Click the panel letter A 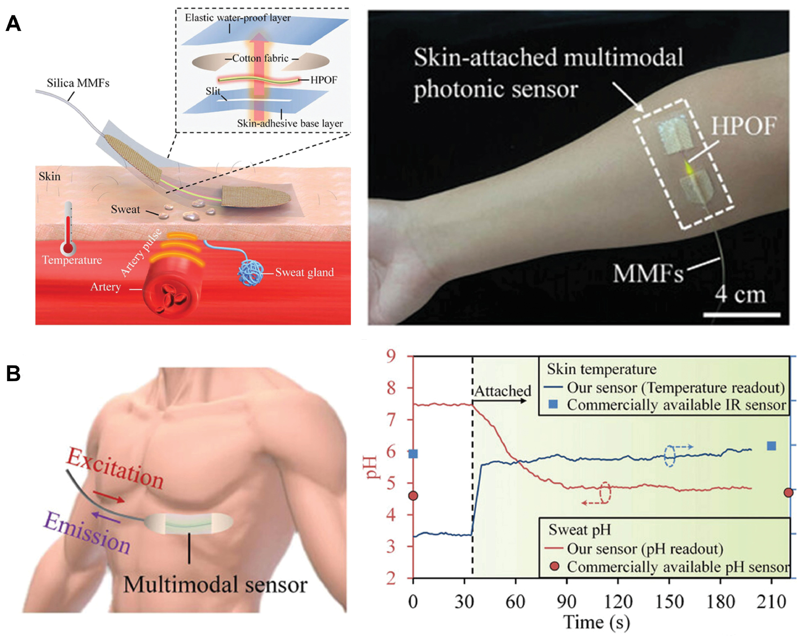pyautogui.click(x=13, y=23)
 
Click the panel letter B pyautogui.click(x=13, y=374)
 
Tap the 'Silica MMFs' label pyautogui.click(x=78, y=83)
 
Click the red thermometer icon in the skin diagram pyautogui.click(x=68, y=229)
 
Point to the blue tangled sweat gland pyautogui.click(x=251, y=272)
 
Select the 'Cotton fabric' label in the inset pyautogui.click(x=260, y=58)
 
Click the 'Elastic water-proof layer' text pyautogui.click(x=238, y=18)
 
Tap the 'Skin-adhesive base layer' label pyautogui.click(x=290, y=123)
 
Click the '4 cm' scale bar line pyautogui.click(x=741, y=315)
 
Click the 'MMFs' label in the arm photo pyautogui.click(x=648, y=273)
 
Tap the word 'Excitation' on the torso pyautogui.click(x=115, y=468)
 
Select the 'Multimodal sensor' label pyautogui.click(x=215, y=585)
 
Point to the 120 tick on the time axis pyautogui.click(x=618, y=602)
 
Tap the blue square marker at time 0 pyautogui.click(x=413, y=454)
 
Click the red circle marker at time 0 pyautogui.click(x=413, y=495)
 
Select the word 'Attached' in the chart pyautogui.click(x=503, y=391)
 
